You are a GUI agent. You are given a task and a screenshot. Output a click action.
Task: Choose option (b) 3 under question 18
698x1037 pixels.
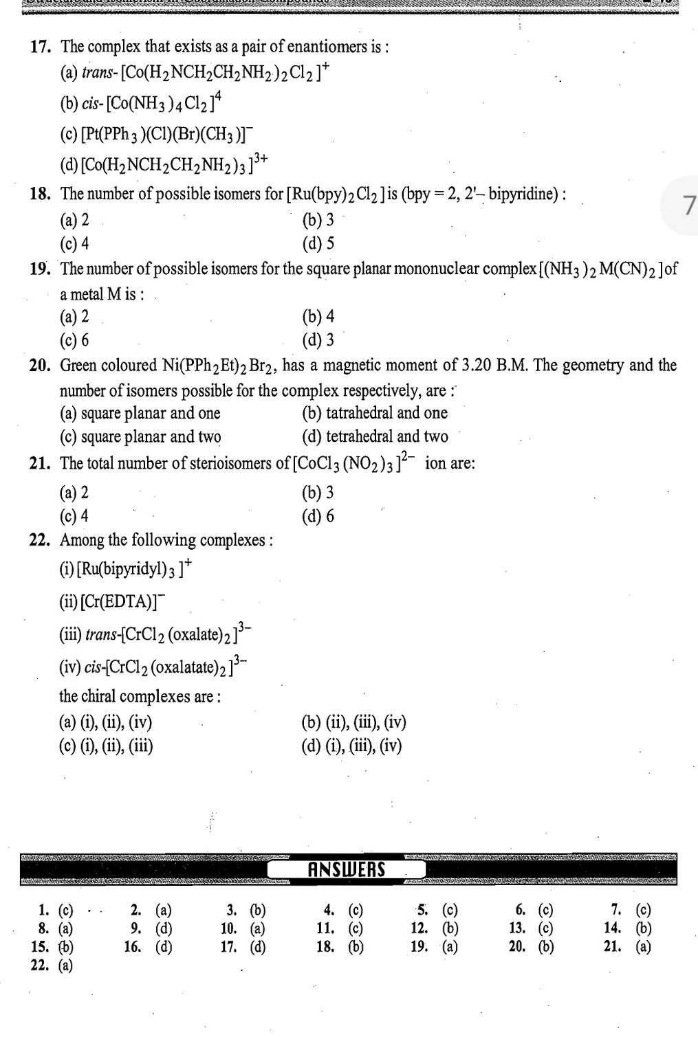click(318, 220)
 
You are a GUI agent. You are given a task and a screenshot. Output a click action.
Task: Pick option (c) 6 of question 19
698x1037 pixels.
click(74, 340)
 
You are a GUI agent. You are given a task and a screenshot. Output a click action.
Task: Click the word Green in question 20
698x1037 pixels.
click(80, 366)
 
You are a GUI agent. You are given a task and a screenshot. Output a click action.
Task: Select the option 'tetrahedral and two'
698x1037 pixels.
click(375, 436)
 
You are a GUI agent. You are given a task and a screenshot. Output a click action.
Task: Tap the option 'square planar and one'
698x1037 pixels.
click(140, 413)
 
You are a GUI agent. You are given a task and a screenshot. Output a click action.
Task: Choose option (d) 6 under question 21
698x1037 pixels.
click(318, 516)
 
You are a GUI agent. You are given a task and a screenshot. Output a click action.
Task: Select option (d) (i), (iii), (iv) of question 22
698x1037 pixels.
click(351, 746)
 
